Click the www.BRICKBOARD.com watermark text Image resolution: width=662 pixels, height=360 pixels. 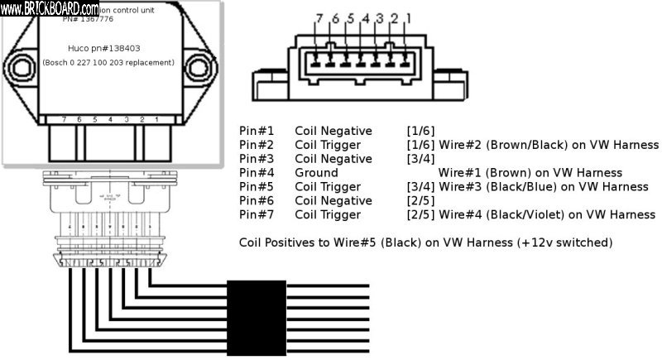tap(50, 7)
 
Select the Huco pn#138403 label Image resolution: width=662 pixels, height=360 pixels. tap(108, 49)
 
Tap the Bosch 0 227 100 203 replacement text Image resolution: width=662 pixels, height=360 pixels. tap(108, 63)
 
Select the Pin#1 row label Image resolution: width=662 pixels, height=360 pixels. tap(257, 131)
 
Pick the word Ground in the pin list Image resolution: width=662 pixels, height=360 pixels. tap(316, 173)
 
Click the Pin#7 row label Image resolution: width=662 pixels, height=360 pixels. tap(257, 215)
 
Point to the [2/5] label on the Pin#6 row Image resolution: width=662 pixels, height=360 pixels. tap(420, 201)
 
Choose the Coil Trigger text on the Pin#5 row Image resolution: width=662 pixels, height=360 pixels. tap(329, 187)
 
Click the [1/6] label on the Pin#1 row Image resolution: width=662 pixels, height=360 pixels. tap(420, 131)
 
